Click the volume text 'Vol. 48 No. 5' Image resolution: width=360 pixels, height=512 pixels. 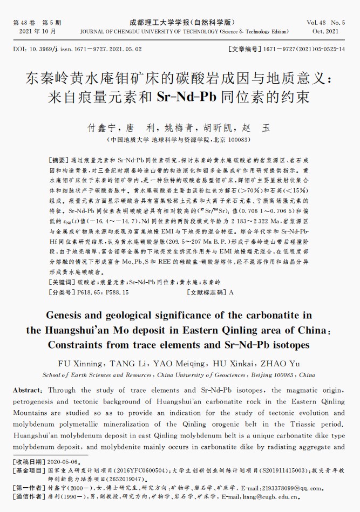(325, 23)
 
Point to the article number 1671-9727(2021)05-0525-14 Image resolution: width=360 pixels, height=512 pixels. (304, 49)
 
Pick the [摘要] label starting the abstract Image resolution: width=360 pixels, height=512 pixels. (59, 161)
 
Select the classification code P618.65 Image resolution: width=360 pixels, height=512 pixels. (91, 292)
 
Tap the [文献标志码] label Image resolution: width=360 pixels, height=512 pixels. (206, 292)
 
